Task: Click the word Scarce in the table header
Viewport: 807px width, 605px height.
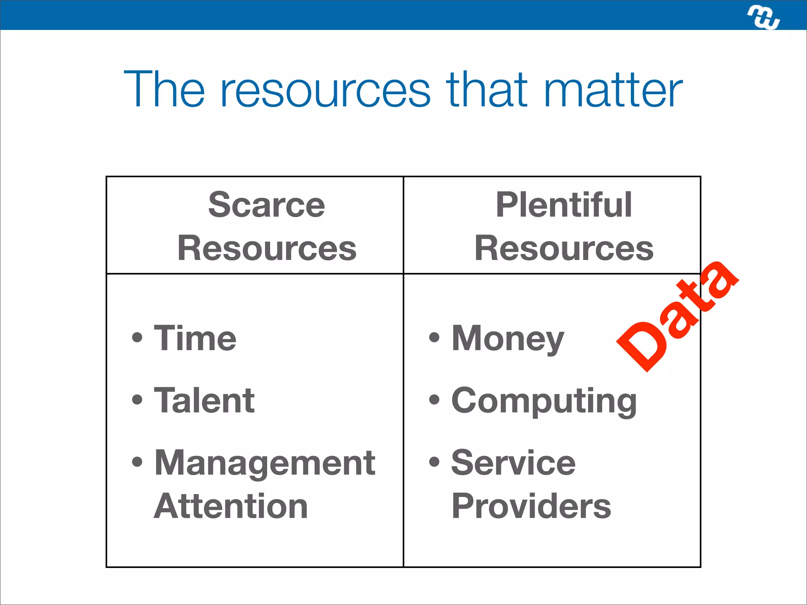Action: coord(266,205)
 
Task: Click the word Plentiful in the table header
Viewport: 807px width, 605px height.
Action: coord(563,205)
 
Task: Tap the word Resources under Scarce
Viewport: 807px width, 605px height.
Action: coord(267,248)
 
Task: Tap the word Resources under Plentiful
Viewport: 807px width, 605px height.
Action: coord(564,248)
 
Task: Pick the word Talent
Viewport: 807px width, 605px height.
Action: coord(204,400)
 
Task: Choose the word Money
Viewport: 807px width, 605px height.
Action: coord(508,339)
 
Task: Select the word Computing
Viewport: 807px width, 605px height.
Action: coord(544,401)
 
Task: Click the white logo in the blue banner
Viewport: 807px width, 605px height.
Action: coord(763,17)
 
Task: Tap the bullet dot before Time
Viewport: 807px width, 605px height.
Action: coord(137,338)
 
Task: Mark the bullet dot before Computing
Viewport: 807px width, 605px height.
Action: coord(434,400)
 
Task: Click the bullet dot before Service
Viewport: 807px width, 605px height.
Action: coord(434,462)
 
